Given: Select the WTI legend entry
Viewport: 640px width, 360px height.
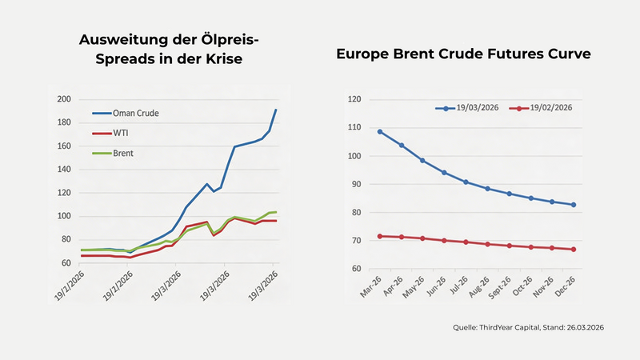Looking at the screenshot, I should (x=121, y=133).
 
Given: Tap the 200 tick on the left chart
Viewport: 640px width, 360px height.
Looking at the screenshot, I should (x=64, y=100).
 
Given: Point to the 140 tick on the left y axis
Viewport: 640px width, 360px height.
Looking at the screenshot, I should (x=64, y=170).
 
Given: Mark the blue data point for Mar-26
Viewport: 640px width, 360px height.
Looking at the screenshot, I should (x=380, y=131).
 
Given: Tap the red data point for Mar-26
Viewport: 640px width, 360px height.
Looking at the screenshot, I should (x=380, y=236).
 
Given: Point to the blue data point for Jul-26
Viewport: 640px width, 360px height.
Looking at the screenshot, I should (x=466, y=182).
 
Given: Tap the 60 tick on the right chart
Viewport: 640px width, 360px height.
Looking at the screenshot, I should (x=354, y=269).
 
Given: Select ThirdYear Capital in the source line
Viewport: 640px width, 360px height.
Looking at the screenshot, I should (x=512, y=327).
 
